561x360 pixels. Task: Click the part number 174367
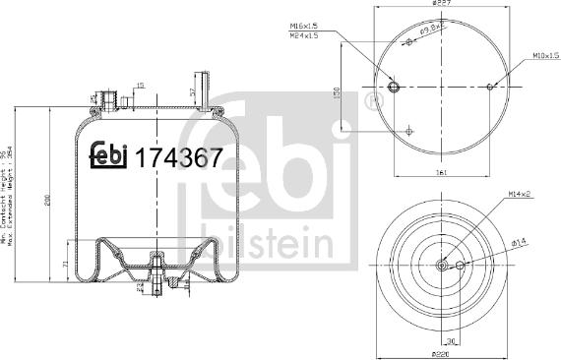pos(179,157)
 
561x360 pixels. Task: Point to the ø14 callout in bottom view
pos(520,243)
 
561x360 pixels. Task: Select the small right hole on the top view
pos(490,88)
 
